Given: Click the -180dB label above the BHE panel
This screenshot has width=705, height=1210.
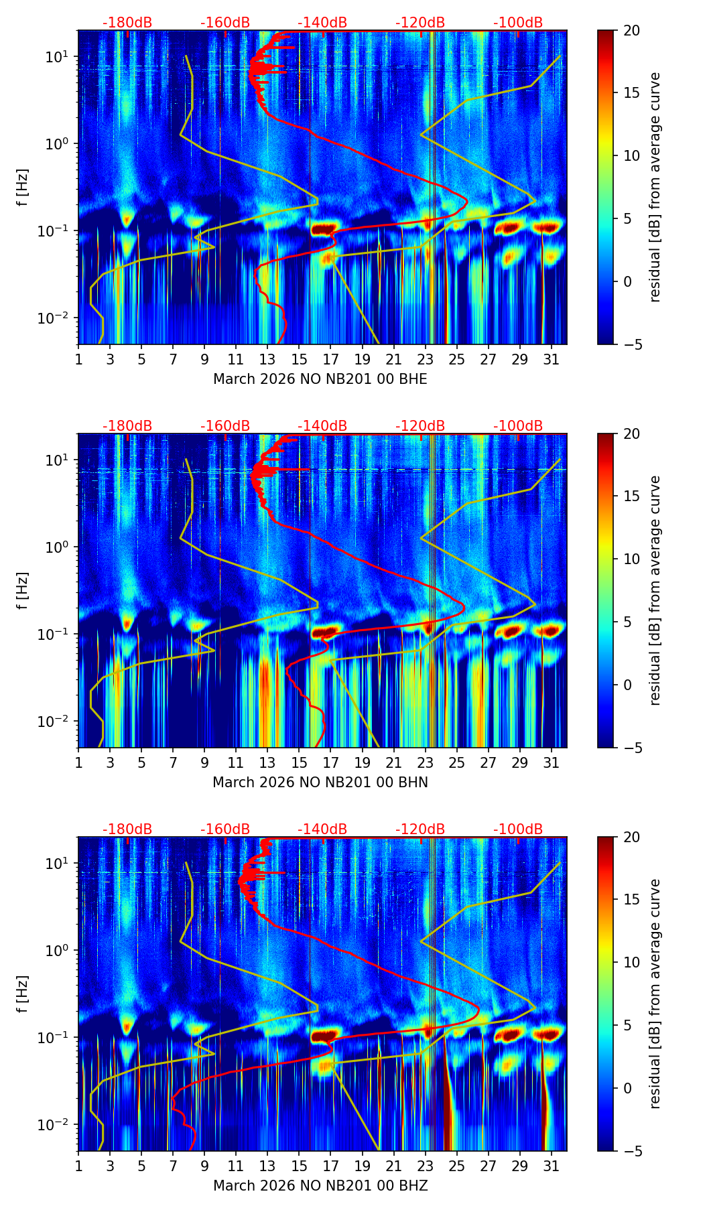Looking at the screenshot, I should [x=127, y=23].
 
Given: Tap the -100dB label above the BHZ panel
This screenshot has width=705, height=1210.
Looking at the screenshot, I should [x=518, y=829].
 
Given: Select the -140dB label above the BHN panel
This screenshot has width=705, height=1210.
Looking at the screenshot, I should [x=322, y=426].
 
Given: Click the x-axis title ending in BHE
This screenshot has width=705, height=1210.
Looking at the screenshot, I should [x=320, y=379].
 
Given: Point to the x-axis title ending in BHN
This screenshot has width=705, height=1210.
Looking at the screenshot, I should [x=320, y=783].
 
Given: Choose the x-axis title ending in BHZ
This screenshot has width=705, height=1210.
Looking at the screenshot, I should [x=320, y=1186].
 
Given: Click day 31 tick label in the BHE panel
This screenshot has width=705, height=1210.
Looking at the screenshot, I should [x=551, y=359].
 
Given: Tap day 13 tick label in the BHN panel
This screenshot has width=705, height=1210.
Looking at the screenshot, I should [x=267, y=762].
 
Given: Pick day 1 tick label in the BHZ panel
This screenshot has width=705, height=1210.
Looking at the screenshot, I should [x=78, y=1166].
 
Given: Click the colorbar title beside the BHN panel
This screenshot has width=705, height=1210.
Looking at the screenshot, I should [x=655, y=590].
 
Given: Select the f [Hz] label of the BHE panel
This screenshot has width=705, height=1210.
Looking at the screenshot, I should [x=23, y=188].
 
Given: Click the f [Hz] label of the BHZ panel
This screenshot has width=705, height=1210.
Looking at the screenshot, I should [x=23, y=994].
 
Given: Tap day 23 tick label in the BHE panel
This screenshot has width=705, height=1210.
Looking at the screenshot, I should [x=425, y=359].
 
